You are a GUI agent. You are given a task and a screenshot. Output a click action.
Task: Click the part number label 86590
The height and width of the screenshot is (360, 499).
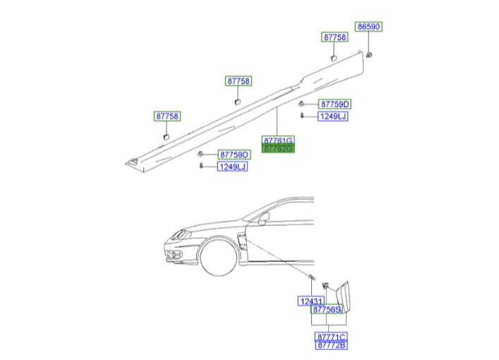pos(368,26)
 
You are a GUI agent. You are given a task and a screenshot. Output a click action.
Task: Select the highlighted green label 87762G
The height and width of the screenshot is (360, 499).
pos(277,149)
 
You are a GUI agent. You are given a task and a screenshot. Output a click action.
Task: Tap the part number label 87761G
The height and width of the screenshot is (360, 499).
pos(277,140)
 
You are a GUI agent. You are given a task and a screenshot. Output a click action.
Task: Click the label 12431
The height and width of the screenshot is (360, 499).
pos(309,301)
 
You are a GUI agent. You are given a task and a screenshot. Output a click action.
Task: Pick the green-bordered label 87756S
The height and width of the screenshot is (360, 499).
pos(327,309)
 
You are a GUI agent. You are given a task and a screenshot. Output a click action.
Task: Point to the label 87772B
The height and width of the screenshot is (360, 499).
pos(330,344)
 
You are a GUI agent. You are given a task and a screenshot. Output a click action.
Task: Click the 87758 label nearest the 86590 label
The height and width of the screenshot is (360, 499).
pos(335,37)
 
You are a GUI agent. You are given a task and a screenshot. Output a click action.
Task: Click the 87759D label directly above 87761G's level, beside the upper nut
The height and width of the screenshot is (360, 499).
pos(334,104)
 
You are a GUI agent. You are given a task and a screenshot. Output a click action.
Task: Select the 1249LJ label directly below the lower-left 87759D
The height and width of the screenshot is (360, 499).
pos(232,167)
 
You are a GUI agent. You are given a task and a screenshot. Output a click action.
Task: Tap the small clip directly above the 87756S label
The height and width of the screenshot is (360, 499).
pos(326,286)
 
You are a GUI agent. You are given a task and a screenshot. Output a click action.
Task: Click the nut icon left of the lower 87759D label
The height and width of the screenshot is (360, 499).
pos(201,154)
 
